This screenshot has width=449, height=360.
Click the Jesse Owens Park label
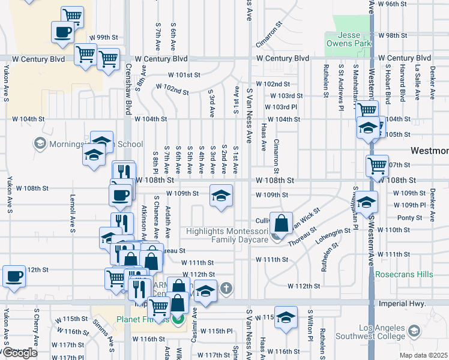point(348,40)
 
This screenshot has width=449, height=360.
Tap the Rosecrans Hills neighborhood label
point(403,274)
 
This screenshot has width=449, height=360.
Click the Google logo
point(19,353)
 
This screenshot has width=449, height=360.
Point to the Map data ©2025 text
point(424,355)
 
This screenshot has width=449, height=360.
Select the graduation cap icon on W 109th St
point(221,196)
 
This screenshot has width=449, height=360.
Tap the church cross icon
point(226,289)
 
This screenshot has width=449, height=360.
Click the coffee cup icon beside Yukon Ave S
point(14,277)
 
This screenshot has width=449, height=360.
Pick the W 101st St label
point(184,75)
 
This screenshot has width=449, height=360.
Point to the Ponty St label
point(410,218)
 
